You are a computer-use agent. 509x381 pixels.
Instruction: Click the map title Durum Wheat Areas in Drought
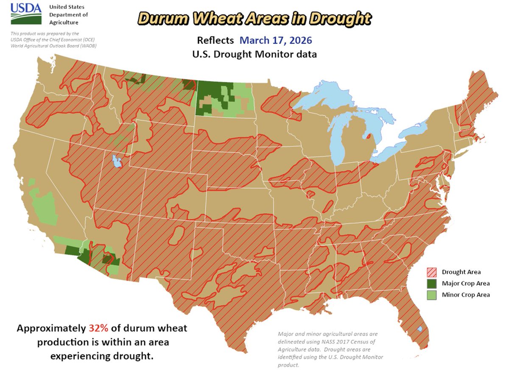pyautogui.click(x=255, y=19)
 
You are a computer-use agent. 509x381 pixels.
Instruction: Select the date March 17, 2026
pyautogui.click(x=275, y=41)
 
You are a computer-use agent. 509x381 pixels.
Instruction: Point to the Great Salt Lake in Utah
pyautogui.click(x=115, y=161)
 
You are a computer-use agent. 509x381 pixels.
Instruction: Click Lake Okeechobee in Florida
pyautogui.click(x=419, y=329)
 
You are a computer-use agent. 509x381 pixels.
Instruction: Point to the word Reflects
pyautogui.click(x=215, y=41)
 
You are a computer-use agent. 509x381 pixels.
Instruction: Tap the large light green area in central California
pyautogui.click(x=42, y=208)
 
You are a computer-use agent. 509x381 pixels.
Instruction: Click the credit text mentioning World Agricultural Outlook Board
pyautogui.click(x=53, y=45)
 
